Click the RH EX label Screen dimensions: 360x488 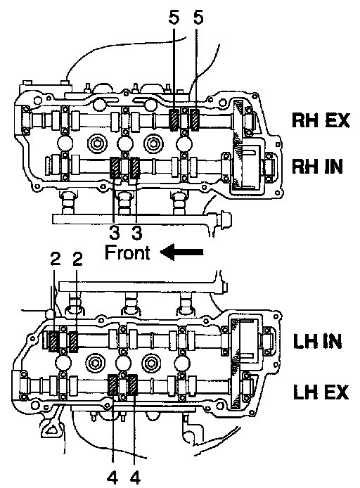(321, 120)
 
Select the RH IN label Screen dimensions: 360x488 (317, 167)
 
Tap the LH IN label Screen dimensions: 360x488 (317, 342)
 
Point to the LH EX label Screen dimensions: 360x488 (321, 392)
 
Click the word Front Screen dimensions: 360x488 (127, 252)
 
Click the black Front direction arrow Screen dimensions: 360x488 (181, 252)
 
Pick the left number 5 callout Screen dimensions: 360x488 (174, 17)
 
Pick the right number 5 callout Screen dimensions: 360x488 (198, 17)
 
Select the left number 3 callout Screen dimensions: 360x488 (114, 232)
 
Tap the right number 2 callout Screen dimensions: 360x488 (77, 259)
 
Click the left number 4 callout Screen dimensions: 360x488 (112, 477)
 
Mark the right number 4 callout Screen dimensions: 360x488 (135, 477)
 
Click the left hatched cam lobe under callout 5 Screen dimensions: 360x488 (174, 120)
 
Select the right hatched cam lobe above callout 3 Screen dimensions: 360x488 (135, 168)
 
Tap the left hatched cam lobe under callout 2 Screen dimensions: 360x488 (53, 342)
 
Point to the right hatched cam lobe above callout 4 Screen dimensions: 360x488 (133, 385)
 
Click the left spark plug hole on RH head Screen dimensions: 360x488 (97, 144)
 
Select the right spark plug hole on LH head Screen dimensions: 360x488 (152, 364)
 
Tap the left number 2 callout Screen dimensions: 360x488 (55, 259)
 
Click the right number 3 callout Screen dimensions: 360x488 (136, 232)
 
